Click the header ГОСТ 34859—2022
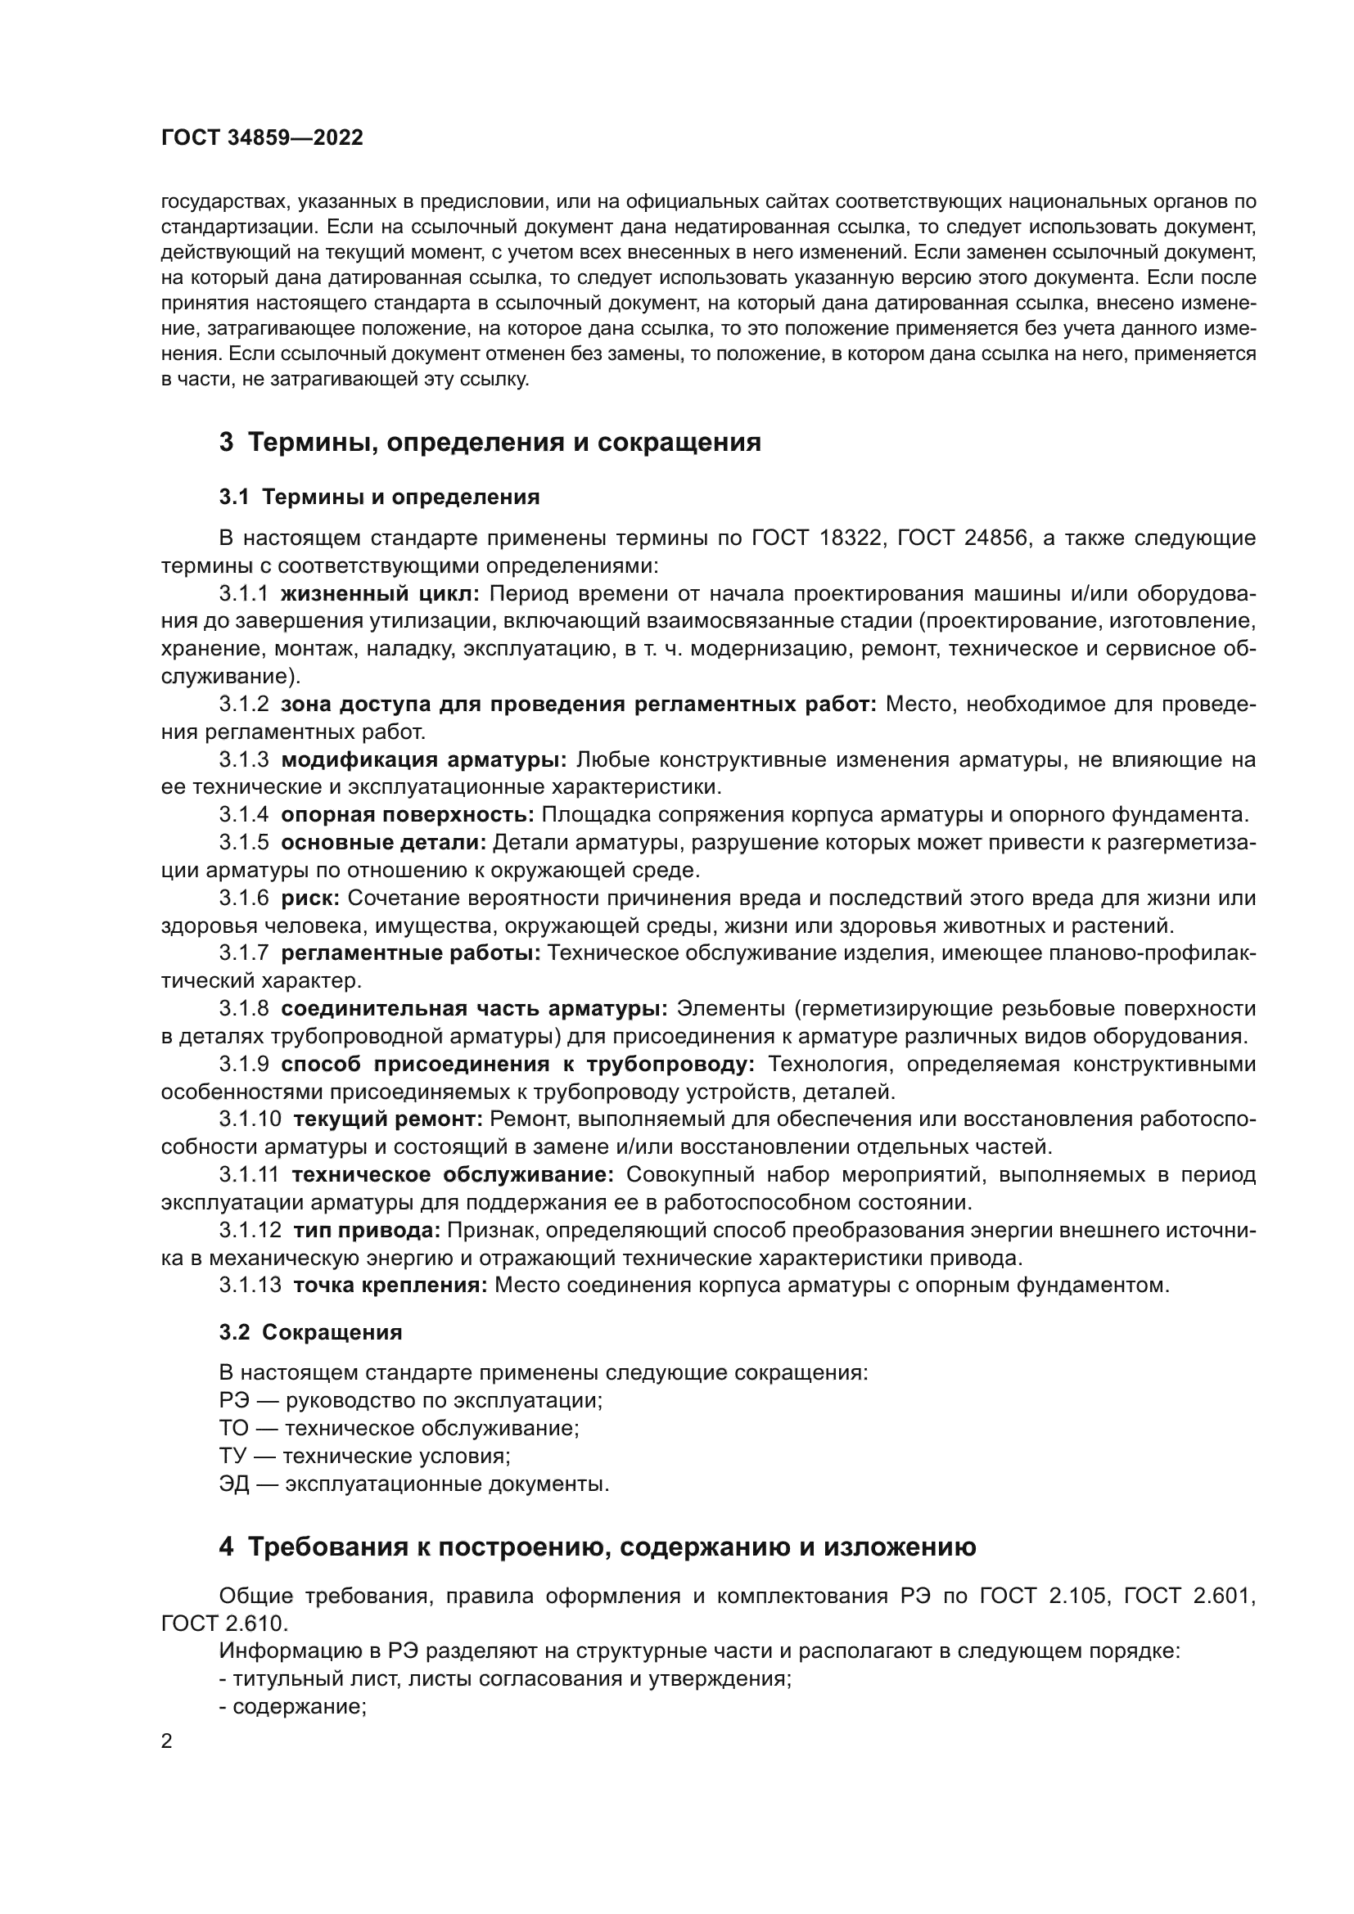[x=262, y=138]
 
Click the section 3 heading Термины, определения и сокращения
[x=490, y=442]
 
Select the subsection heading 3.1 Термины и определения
[x=379, y=498]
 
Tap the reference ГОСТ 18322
[x=816, y=538]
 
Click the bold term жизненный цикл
[x=379, y=594]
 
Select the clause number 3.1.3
[x=244, y=760]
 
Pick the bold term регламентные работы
[x=410, y=953]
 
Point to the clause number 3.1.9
[x=244, y=1065]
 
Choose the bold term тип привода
[x=367, y=1231]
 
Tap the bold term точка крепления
[x=390, y=1286]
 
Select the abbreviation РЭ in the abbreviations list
[x=233, y=1400]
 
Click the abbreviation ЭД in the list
[x=234, y=1484]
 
